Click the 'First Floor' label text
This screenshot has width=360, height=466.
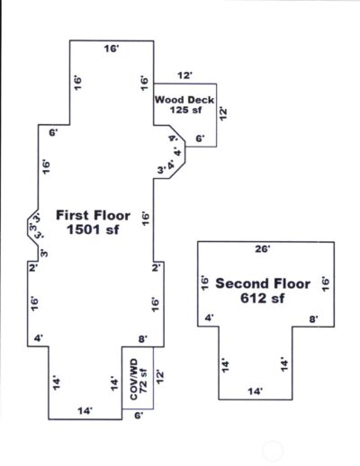[x=94, y=215]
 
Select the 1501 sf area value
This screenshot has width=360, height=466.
[x=94, y=230]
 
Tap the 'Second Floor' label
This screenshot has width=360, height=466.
[x=262, y=283]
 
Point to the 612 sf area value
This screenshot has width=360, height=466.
[x=262, y=299]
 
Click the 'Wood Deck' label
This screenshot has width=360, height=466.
[x=184, y=100]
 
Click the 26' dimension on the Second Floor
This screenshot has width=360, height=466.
[x=265, y=247]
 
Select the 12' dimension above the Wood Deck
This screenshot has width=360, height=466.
[x=185, y=76]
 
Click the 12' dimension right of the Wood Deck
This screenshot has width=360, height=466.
[x=223, y=114]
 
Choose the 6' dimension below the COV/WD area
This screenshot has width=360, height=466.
[x=138, y=416]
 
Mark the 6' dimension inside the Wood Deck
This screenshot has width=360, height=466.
[x=200, y=139]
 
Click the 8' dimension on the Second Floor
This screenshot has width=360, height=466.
[x=312, y=318]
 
